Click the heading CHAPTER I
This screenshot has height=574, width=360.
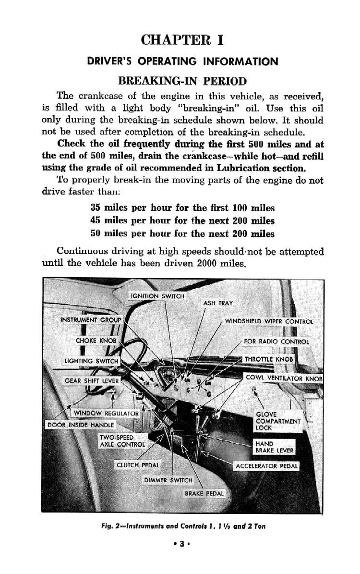[182, 39]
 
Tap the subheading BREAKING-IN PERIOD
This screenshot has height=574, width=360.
[182, 81]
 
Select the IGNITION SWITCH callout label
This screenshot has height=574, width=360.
[157, 296]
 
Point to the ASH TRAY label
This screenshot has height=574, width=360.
[218, 303]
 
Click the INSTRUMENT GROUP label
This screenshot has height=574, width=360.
[91, 320]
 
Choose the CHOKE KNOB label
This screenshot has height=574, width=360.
[96, 341]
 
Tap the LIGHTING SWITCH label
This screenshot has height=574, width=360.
[91, 361]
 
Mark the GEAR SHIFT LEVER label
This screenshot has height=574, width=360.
[92, 381]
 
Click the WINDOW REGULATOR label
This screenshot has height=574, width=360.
[106, 413]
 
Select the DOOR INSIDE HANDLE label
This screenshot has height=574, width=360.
[81, 425]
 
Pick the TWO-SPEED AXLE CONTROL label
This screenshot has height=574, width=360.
[121, 440]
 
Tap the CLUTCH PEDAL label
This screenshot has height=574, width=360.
[138, 465]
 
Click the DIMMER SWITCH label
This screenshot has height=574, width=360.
[168, 480]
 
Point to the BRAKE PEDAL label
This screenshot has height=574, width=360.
[204, 494]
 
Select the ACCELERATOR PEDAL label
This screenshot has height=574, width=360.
[266, 466]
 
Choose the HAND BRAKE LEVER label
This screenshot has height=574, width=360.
[274, 447]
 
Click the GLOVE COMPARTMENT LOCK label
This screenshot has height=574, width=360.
[278, 421]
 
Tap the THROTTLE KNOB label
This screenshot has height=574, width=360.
[268, 359]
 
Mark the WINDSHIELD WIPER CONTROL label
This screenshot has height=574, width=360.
[269, 321]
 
